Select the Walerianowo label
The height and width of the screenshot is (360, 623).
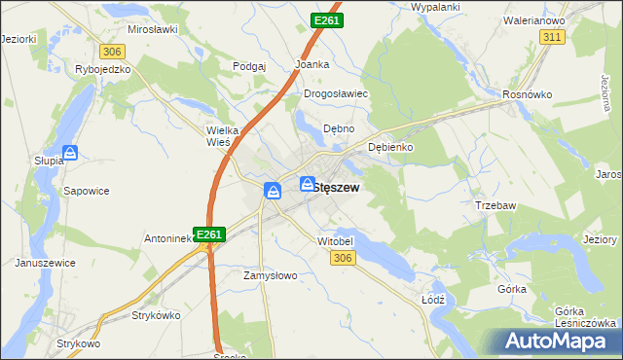click(535, 19)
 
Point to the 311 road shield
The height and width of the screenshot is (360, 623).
click(553, 36)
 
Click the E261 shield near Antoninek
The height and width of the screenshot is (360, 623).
click(210, 234)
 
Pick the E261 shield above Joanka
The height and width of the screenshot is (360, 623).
click(326, 19)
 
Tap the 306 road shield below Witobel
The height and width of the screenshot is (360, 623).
click(342, 257)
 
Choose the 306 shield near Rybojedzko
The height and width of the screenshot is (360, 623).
click(111, 51)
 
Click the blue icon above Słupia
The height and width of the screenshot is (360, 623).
click(70, 153)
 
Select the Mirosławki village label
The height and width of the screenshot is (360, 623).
click(152, 29)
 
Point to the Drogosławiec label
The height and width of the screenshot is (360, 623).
click(335, 94)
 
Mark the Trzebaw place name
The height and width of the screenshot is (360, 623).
click(494, 205)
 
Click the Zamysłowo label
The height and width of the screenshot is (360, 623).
click(269, 275)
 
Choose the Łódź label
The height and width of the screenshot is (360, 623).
click(433, 300)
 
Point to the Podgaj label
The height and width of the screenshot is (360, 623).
click(250, 66)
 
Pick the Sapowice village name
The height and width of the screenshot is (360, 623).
click(86, 192)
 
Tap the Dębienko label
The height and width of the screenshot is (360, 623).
click(391, 147)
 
